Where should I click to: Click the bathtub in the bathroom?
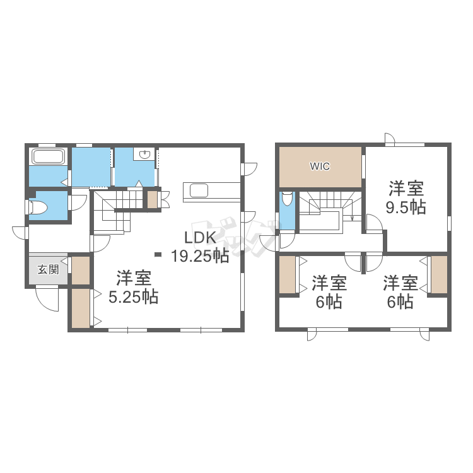click(x=49, y=156)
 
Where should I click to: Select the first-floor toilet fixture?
click(x=38, y=207)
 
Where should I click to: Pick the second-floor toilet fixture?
click(x=287, y=199)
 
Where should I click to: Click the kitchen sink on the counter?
click(x=199, y=190)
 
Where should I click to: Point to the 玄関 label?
click(x=48, y=269)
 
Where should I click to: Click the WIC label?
click(x=320, y=166)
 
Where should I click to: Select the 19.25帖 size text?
click(x=200, y=256)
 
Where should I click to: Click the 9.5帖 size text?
click(x=406, y=207)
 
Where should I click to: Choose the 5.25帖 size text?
click(x=133, y=298)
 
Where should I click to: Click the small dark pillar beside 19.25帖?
click(x=158, y=255)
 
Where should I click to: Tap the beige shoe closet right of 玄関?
click(x=81, y=270)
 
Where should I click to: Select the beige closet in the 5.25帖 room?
click(x=81, y=308)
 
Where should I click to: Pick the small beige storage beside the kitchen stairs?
click(x=152, y=200)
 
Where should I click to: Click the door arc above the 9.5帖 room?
click(x=390, y=139)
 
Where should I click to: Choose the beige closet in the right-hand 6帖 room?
click(x=439, y=274)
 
